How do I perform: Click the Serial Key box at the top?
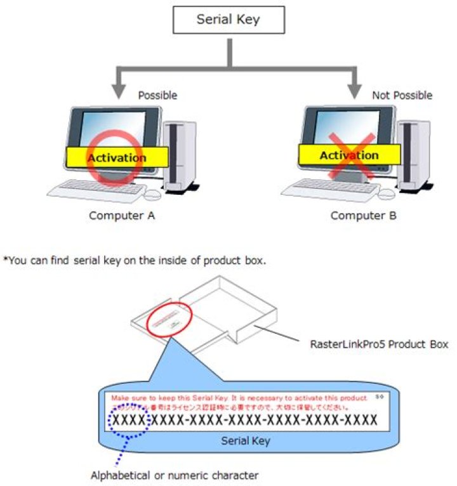point(228,20)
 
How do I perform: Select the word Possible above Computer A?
point(157,96)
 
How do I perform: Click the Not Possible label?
point(402,96)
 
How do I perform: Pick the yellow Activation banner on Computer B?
point(348,155)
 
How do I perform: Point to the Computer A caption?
point(122,215)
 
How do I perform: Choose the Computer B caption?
point(364,216)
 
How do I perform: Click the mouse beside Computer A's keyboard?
point(154,194)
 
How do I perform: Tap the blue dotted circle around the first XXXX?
point(129,421)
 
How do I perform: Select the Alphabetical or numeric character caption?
point(175,474)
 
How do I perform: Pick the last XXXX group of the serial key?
point(359,419)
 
